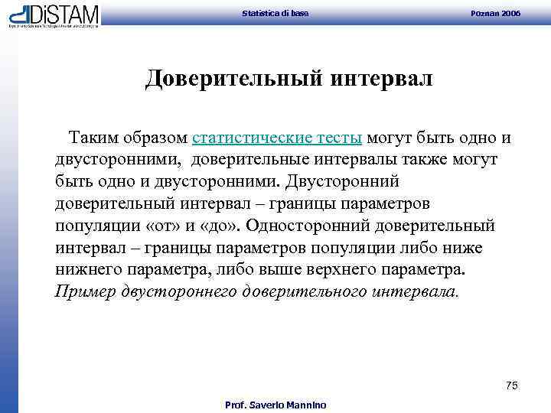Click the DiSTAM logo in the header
pyautogui.click(x=54, y=15)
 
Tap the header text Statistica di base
pyautogui.click(x=275, y=13)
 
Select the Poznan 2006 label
pyautogui.click(x=501, y=13)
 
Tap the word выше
pyautogui.click(x=299, y=271)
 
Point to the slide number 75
pyautogui.click(x=512, y=385)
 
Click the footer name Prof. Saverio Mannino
pyautogui.click(x=275, y=405)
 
